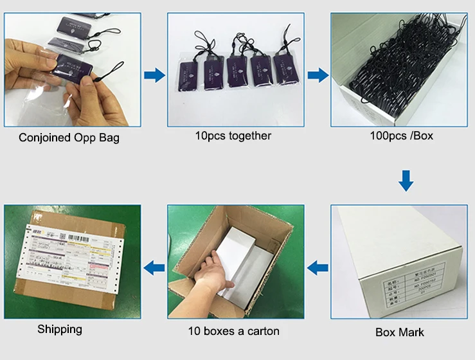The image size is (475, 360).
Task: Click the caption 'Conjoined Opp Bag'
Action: coord(69,138)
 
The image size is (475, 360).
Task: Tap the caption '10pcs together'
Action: coord(233,136)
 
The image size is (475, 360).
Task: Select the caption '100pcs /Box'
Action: coord(399,136)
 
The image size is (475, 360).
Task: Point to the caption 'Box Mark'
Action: coord(400,332)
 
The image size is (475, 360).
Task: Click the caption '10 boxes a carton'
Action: coord(233,331)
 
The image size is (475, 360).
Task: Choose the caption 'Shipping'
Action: coord(60,329)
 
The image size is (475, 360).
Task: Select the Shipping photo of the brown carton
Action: coord(72,261)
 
